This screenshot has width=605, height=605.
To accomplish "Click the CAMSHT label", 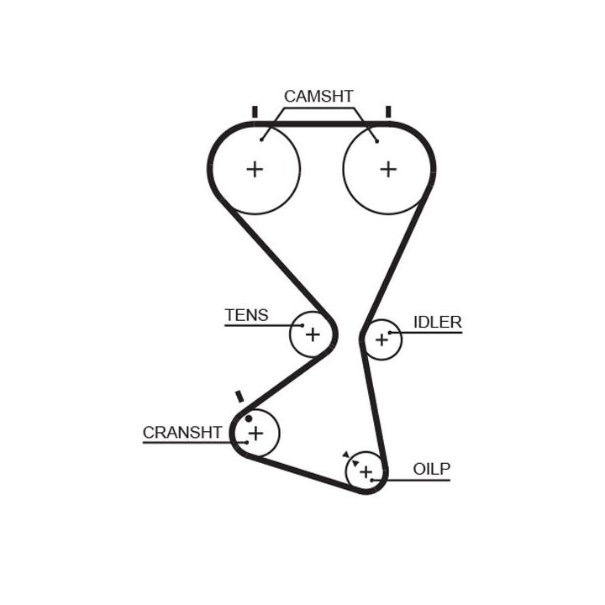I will pos(318,96).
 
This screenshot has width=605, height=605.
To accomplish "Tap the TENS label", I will pos(246,315).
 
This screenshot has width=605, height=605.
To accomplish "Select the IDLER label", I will pos(437,322).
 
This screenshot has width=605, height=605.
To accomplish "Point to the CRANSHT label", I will pos(182,432).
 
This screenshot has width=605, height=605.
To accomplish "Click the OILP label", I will pos(432,469).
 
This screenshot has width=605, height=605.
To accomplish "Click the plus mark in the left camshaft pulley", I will pos(255,169).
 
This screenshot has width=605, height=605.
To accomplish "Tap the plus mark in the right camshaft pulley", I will pos(387,169).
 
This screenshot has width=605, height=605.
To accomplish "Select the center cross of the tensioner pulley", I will pos(313,334).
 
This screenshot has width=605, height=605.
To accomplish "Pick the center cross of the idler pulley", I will pos(382,339).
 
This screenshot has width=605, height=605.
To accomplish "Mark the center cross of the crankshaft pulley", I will pos(255,433).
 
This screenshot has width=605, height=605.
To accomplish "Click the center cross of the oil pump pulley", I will pos(366,472).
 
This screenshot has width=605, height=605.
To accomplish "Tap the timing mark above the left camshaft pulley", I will pos(255,112).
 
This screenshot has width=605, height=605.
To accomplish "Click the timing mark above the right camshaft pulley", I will pos(388,112).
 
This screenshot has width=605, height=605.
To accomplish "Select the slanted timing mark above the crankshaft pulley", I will pos(240,396).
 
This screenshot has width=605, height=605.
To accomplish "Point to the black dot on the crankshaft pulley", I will pos(249,418).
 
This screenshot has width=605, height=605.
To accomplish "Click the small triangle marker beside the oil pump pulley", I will pos(345,454).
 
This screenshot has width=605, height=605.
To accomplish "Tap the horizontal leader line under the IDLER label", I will pos(433,334).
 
